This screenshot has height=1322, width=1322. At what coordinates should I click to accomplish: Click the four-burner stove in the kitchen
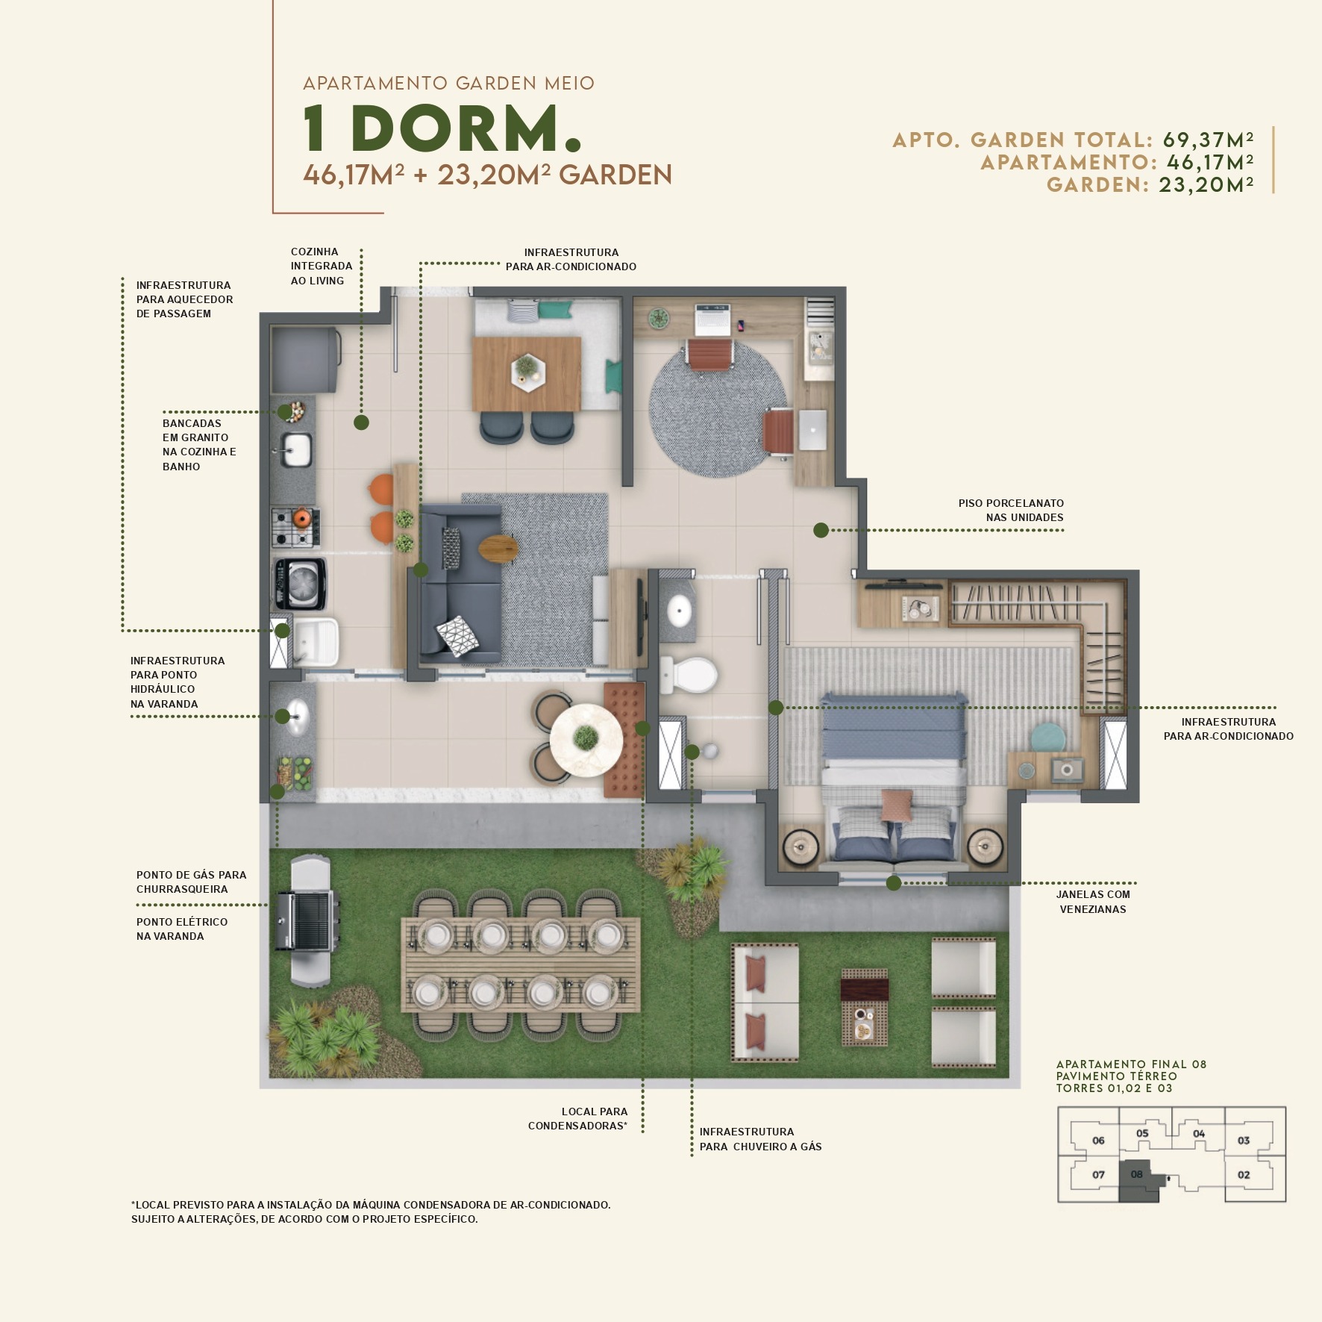pyautogui.click(x=295, y=526)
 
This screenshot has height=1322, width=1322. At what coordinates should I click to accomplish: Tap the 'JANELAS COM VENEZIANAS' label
pyautogui.click(x=1092, y=901)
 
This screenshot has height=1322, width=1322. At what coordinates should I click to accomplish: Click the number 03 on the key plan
pyautogui.click(x=1243, y=1140)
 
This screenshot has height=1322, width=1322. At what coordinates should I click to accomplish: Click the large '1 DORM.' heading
pyautogui.click(x=441, y=128)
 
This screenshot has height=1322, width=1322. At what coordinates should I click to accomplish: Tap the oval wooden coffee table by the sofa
pyautogui.click(x=498, y=549)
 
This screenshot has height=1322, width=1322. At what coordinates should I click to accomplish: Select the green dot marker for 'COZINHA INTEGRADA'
pyautogui.click(x=361, y=423)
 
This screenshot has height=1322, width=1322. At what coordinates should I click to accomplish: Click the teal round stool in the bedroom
pyautogui.click(x=1049, y=737)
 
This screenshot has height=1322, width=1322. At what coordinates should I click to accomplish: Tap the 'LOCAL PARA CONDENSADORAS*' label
pyautogui.click(x=578, y=1118)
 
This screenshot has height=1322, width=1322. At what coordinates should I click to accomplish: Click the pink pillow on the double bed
pyautogui.click(x=896, y=806)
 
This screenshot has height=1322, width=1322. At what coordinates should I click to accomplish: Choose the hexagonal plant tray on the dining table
pyautogui.click(x=527, y=371)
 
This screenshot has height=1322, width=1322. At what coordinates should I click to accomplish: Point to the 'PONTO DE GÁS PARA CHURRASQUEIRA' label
pyautogui.click(x=191, y=882)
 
